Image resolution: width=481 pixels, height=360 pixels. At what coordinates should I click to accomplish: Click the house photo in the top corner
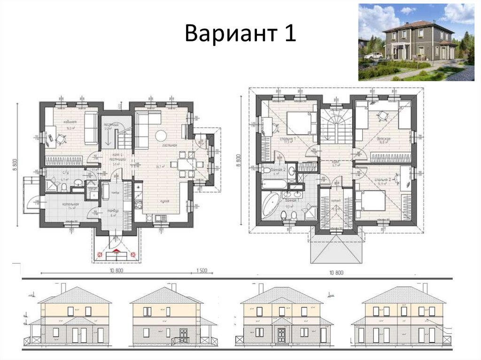[416, 42]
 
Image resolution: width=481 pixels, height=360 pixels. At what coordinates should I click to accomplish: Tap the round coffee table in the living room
[161, 135]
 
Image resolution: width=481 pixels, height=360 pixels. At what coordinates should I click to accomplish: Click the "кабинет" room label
[71, 122]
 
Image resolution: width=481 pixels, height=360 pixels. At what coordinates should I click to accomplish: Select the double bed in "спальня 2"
[372, 201]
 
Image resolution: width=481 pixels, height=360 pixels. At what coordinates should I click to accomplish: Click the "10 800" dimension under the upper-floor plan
[336, 272]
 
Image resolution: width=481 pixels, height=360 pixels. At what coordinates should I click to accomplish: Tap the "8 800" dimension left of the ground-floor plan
[15, 167]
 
